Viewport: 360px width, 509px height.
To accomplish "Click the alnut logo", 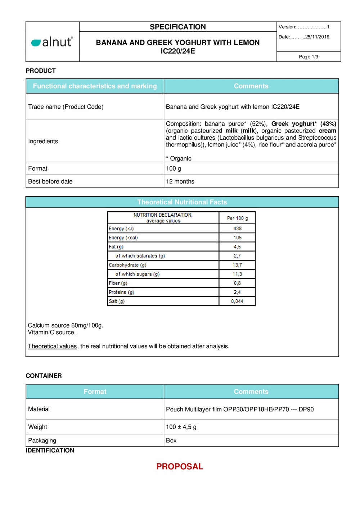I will (52, 42).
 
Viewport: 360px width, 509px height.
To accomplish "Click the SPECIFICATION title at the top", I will (178, 27).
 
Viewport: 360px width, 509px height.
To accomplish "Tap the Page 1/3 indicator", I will (309, 57).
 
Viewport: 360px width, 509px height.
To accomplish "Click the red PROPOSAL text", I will (180, 467).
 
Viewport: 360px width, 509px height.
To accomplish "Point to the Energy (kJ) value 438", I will (237, 229).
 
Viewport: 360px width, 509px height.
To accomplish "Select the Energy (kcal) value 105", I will (237, 238).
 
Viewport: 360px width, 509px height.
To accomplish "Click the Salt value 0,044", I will (237, 301).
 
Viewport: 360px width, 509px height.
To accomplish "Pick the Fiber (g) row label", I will (118, 283).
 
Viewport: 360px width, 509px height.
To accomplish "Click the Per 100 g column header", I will (237, 218).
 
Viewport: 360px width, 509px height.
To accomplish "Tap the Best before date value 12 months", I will (180, 181).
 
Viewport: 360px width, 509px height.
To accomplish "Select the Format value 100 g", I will (174, 168).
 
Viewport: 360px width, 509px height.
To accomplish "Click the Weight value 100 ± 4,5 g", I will (181, 427).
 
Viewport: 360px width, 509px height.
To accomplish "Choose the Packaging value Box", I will (171, 441).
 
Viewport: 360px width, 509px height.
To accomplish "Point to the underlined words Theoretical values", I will (53, 346).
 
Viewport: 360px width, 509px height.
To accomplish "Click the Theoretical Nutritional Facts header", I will (182, 202).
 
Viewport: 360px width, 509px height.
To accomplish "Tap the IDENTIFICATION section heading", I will (50, 451).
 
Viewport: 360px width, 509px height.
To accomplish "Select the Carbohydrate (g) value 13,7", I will (237, 265).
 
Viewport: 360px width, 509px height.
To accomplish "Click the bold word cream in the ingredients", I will (327, 131).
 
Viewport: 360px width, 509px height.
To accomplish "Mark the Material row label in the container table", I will (39, 409).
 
